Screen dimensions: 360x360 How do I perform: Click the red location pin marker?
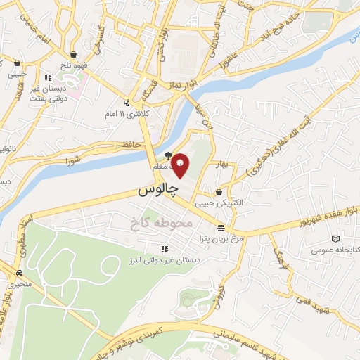coord(180,165)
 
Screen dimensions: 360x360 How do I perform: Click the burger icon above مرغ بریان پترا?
coord(221,227)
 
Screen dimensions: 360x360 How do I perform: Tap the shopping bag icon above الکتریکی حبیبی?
coord(221,192)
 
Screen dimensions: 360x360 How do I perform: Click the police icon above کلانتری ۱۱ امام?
coord(127,103)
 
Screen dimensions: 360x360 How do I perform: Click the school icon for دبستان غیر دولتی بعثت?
coord(47,78)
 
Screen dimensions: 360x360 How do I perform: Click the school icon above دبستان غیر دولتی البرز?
coord(164,249)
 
